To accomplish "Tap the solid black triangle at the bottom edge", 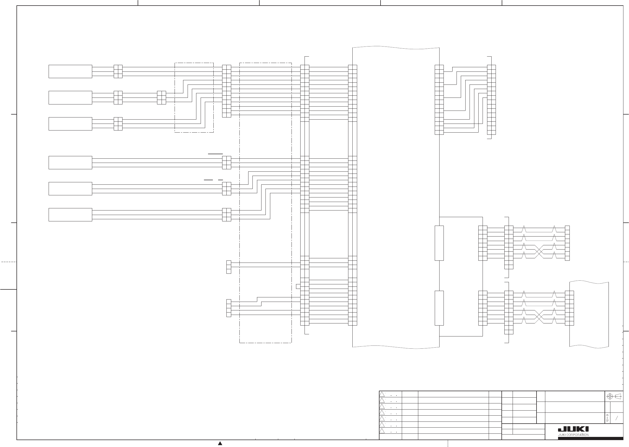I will (x=220, y=444).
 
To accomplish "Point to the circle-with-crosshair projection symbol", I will (x=610, y=396).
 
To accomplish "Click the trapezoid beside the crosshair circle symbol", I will (x=618, y=396).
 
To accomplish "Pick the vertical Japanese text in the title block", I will (x=607, y=418).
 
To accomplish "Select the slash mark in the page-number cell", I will (x=617, y=418).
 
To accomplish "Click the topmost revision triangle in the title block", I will (x=382, y=394).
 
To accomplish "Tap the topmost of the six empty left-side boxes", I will (x=70, y=71).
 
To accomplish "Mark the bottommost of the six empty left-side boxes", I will (x=70, y=215).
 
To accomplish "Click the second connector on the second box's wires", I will (x=162, y=98).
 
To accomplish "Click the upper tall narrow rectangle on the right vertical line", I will (x=439, y=243).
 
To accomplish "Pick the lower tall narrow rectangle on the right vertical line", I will (x=439, y=308).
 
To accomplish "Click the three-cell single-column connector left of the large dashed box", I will (x=229, y=267).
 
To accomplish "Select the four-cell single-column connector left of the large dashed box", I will (x=229, y=308).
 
